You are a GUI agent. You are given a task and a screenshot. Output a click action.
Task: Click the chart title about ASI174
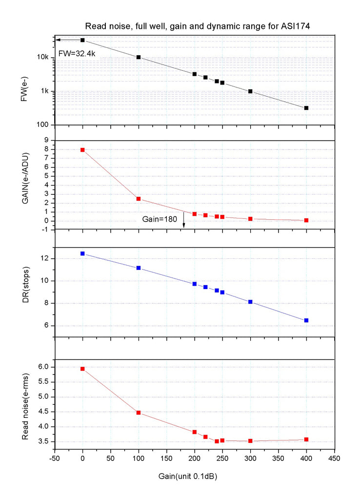click(198, 26)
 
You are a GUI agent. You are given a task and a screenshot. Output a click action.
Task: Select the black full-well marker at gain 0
click(82, 40)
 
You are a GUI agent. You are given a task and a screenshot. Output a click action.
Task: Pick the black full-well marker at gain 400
click(306, 108)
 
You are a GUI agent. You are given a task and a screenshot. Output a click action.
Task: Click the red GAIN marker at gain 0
click(82, 150)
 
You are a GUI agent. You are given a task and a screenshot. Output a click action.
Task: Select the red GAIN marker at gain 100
click(139, 199)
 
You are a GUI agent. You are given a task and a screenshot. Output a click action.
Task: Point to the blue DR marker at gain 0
click(82, 253)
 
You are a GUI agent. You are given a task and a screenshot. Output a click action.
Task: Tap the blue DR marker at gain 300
click(250, 302)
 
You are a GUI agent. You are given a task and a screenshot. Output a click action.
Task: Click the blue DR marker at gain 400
click(306, 320)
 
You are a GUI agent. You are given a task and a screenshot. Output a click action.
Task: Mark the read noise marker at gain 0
click(82, 369)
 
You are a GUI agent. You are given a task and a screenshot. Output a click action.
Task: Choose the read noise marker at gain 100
click(139, 413)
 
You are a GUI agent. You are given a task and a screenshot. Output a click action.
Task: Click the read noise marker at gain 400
click(306, 439)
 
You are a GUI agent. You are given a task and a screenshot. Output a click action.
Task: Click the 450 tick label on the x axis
click(334, 459)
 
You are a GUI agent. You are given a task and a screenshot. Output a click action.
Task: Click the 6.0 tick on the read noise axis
click(44, 367)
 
